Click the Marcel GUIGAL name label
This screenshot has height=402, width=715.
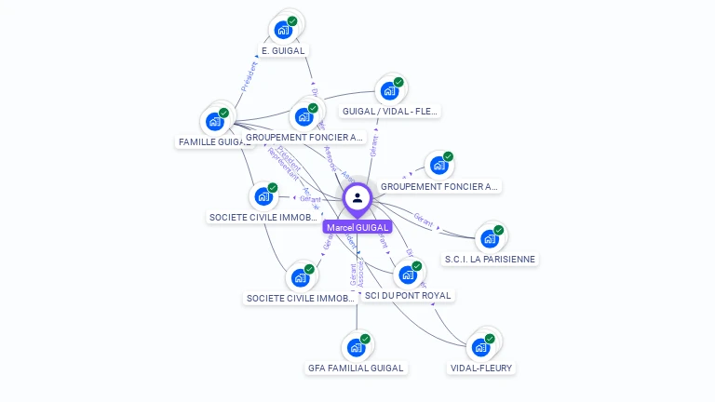click(357, 227)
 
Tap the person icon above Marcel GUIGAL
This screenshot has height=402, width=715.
click(357, 198)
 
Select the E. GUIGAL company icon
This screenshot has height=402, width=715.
click(283, 30)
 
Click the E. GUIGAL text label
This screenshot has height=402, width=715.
click(283, 50)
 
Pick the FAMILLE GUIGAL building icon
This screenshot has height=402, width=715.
click(215, 122)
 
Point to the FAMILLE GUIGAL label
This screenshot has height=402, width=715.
click(213, 142)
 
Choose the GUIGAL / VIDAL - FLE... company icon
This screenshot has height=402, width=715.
click(389, 91)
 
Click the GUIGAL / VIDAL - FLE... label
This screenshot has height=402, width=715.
click(390, 112)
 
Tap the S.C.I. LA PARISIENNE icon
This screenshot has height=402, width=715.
click(490, 239)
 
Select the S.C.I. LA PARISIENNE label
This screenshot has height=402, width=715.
click(491, 260)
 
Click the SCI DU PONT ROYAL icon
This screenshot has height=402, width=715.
click(408, 275)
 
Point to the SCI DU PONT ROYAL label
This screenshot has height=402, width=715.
click(408, 296)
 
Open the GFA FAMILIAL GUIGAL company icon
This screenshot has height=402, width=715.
click(356, 348)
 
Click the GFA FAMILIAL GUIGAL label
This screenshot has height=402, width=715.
click(356, 368)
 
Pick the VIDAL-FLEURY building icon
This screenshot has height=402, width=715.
click(480, 347)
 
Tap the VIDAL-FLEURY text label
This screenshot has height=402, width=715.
click(481, 368)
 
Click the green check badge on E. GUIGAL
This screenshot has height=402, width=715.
click(292, 21)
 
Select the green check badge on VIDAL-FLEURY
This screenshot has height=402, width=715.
click(490, 339)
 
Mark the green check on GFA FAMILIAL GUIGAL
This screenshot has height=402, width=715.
click(365, 340)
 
